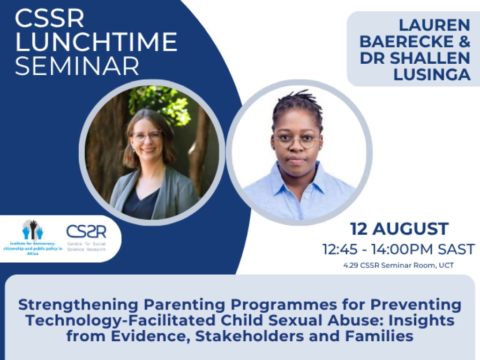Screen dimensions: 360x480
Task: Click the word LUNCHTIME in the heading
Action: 96,42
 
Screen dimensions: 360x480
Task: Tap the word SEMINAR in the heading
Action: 77,66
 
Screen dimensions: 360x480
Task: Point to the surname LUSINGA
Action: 432,74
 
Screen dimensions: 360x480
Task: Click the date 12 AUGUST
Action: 399,229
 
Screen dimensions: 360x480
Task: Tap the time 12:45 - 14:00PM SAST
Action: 398,249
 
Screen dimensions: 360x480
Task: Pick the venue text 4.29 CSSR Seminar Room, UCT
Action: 398,266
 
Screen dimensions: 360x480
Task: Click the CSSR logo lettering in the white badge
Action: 86,231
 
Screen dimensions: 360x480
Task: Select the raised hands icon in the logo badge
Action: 33,230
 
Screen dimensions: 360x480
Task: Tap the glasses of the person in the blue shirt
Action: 297,140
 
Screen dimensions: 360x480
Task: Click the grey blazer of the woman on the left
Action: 180,192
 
